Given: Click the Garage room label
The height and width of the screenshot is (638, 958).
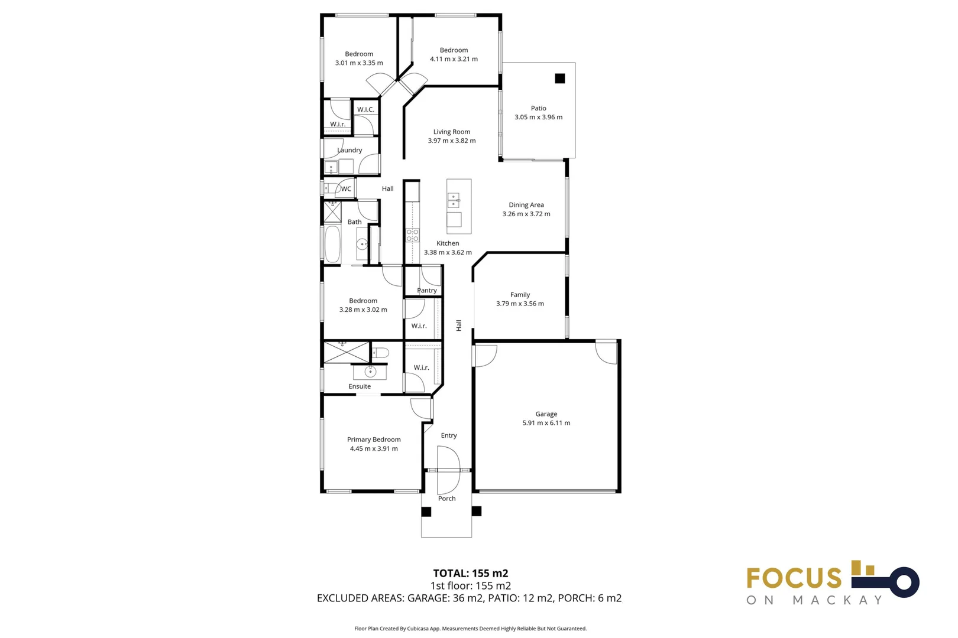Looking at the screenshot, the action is pos(546,414).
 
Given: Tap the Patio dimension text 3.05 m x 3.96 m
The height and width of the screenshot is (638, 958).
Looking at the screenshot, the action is pos(539,117).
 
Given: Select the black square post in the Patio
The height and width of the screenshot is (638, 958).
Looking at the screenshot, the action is pos(560,78).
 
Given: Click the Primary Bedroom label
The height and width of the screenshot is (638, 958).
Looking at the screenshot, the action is pos(374,440).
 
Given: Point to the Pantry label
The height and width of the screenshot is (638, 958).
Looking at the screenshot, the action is pos(427,291).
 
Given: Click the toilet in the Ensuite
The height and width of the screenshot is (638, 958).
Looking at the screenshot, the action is pos(380,353).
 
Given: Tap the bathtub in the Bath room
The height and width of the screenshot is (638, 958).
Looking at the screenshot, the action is pos(332,244).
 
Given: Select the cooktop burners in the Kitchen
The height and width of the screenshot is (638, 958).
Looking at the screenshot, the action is pos(412,235).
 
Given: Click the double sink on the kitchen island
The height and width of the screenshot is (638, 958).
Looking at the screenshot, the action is pos(454,200).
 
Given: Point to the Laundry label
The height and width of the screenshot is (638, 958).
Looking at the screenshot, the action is pos(349,150).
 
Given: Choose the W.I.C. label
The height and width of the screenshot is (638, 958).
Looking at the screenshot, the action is pos(365,109).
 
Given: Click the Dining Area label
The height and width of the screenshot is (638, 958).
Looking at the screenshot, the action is pos(526,204).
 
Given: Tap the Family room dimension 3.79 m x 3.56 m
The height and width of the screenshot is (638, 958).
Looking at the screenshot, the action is pos(520,304).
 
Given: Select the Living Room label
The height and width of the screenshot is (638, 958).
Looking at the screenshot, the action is pos(452,132).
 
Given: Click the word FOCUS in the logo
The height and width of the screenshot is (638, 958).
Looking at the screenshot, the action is pos(794,578).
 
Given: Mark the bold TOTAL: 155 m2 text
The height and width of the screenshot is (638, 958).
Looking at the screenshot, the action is pos(471,573).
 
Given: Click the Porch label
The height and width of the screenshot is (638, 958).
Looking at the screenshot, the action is pos(447,498).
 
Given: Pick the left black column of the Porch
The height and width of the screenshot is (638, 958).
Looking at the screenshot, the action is pos(426,512).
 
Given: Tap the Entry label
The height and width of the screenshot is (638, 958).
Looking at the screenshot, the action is pos(449,435).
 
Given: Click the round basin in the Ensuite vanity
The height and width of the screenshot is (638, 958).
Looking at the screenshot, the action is pos(370,372).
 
